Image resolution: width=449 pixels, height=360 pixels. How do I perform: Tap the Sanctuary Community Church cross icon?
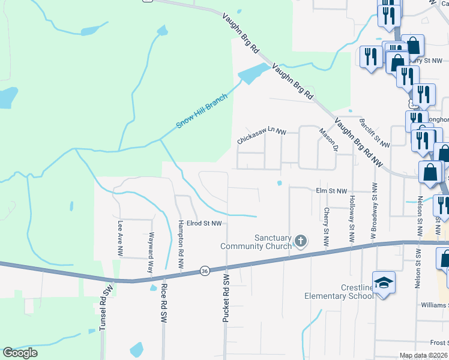301,242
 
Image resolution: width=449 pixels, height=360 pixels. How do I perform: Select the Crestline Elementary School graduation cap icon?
384,282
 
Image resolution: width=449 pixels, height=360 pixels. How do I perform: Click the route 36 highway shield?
205,272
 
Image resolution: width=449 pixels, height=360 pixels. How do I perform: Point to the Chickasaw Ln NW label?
261,137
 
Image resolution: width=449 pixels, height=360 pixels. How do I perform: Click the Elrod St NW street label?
203,223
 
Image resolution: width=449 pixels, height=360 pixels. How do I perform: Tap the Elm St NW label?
331,191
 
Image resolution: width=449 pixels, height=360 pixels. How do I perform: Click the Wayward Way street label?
151,253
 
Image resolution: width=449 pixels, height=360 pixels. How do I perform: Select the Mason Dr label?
329,140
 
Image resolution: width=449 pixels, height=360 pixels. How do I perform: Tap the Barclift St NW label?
374,133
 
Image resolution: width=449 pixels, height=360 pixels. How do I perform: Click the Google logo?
20,353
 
